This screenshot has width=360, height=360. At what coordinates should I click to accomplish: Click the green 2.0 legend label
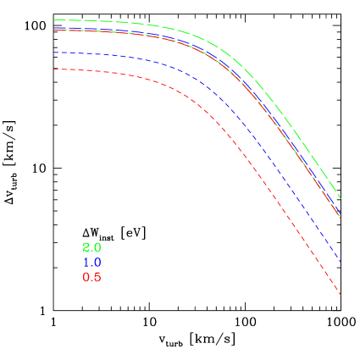point(91,247)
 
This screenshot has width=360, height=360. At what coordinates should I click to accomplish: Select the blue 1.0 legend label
point(91,263)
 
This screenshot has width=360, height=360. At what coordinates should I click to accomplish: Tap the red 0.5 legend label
point(91,278)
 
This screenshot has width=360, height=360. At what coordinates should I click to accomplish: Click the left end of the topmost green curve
point(53,19)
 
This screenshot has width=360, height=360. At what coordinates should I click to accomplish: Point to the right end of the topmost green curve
point(341,199)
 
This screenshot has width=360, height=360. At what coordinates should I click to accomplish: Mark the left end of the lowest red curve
point(53,69)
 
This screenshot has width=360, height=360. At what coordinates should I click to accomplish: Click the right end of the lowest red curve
point(341,295)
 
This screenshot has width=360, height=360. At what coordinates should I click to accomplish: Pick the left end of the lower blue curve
point(53,53)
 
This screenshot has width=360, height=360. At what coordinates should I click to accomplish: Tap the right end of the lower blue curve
point(341,262)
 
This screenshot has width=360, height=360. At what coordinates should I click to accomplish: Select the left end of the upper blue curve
point(53,28)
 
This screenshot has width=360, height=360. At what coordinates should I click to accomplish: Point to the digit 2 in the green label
point(86,247)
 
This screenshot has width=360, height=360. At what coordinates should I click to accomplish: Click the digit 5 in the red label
point(97,278)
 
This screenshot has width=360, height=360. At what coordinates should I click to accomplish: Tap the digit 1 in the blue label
point(86,263)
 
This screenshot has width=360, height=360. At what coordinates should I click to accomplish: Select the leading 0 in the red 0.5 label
point(86,278)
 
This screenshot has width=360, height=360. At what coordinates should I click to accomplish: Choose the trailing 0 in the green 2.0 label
point(97,247)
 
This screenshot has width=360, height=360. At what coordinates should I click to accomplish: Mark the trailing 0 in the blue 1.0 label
point(97,263)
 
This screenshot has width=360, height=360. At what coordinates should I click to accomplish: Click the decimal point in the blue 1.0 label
point(91,266)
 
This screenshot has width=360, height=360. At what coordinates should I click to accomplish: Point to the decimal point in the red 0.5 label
point(91,281)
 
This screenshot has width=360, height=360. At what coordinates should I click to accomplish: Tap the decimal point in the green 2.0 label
point(91,251)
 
